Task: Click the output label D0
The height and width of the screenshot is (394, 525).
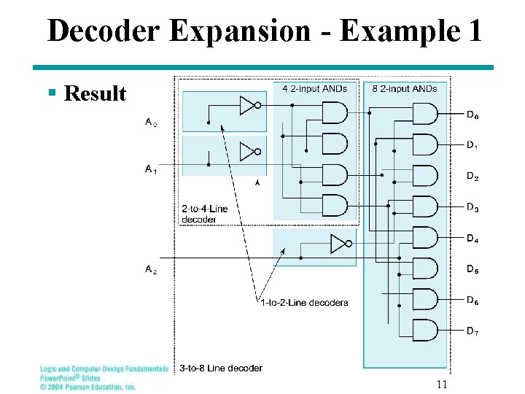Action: tap(472, 115)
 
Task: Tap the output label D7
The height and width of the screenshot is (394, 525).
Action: tap(472, 332)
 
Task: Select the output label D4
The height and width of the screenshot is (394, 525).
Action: tap(472, 239)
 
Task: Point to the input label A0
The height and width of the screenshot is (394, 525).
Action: tap(150, 123)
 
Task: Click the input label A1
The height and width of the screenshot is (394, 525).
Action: tap(150, 169)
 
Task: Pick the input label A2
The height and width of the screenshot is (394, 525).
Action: tap(150, 270)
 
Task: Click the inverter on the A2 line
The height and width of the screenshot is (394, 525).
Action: tap(341, 244)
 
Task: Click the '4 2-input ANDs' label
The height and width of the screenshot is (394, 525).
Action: tap(315, 89)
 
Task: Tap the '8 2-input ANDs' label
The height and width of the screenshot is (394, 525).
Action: tap(405, 89)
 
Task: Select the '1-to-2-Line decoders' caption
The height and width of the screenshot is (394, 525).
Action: tap(304, 303)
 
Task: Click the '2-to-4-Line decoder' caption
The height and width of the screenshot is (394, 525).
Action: tap(204, 214)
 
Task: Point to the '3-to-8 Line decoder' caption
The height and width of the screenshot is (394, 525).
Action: tap(220, 368)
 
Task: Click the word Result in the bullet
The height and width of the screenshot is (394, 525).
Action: tap(95, 93)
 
